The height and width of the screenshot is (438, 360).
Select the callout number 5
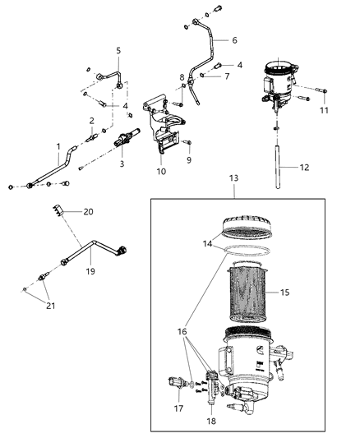point(118,51)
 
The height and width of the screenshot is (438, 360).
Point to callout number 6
point(234,39)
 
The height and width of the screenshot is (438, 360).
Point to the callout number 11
point(324,109)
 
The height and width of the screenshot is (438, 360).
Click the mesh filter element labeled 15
point(247,292)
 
